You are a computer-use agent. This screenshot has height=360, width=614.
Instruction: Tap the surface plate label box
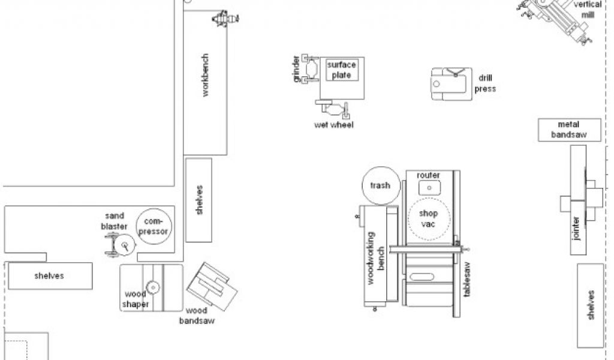click(342, 70)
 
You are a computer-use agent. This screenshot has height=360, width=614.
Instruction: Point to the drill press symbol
click(452, 84)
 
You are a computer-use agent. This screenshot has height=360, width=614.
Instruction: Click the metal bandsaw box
click(570, 130)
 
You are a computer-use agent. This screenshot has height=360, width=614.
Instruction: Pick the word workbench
click(205, 75)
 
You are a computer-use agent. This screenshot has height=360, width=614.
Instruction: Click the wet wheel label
click(333, 125)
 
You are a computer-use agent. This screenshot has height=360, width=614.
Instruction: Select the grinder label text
click(296, 69)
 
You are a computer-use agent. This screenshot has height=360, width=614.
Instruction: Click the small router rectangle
click(429, 188)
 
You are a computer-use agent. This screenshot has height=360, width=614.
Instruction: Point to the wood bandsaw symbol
click(212, 286)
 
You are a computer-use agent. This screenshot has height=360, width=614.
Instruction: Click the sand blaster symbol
click(120, 245)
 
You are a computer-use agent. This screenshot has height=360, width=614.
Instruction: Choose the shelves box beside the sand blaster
click(50, 276)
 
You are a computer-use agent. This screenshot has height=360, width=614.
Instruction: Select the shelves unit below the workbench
click(198, 200)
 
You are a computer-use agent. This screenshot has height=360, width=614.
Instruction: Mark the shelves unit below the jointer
click(591, 305)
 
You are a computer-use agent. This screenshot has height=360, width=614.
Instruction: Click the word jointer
click(576, 229)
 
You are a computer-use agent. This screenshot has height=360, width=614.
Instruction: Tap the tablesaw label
click(466, 280)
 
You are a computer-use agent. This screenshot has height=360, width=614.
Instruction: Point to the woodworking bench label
click(375, 258)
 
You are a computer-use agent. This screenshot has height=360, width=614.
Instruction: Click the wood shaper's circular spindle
click(153, 287)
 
